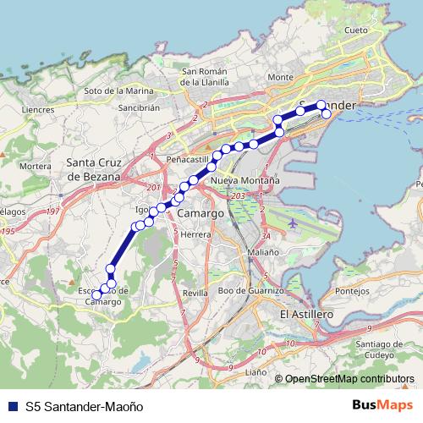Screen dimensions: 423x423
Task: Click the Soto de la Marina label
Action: [x=118, y=91]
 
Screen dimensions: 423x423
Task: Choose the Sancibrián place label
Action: [x=140, y=108]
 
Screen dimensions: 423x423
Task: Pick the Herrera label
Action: [x=195, y=234]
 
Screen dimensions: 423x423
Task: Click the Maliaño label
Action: [x=263, y=252]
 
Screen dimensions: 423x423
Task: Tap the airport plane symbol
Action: [x=293, y=224]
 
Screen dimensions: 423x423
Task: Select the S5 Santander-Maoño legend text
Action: [x=81, y=406]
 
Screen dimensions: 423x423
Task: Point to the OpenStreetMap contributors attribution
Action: [x=349, y=379]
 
